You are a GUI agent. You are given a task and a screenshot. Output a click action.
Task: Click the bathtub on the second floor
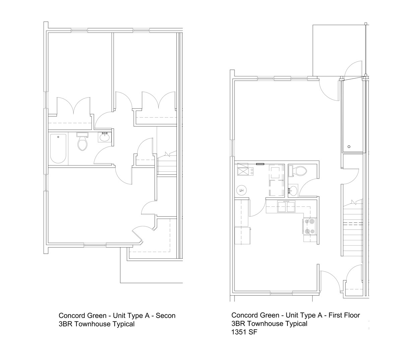tap(58, 148)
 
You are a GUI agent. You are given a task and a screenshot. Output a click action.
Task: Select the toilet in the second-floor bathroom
tap(82, 142)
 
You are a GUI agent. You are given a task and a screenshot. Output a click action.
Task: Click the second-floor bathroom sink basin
tap(105, 137)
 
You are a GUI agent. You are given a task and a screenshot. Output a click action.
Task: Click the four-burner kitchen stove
tap(310, 226)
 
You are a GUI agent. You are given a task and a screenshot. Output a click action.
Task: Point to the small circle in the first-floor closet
tap(349, 146)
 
